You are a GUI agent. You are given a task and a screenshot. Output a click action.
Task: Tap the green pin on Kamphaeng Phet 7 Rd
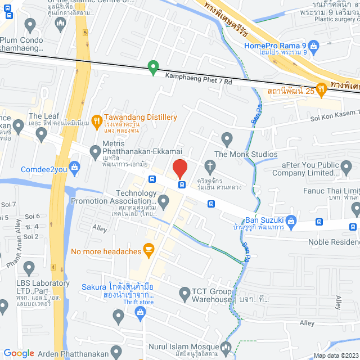[152, 67]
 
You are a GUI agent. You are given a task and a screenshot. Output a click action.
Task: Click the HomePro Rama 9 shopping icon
[314, 46]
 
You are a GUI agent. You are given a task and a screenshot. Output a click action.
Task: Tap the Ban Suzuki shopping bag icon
[291, 220]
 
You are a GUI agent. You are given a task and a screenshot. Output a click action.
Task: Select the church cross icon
[210, 166]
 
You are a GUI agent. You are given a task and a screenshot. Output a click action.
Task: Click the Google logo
[19, 353]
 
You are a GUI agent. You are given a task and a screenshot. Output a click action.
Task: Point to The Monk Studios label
[246, 154]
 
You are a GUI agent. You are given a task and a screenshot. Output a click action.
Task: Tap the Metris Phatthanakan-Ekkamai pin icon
[94, 151]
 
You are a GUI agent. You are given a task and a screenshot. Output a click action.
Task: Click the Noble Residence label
[334, 242]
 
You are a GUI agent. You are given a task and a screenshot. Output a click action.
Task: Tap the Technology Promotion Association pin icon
[163, 201]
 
